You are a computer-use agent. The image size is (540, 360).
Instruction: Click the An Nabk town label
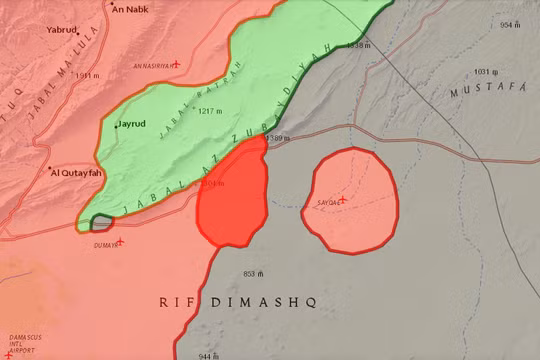(x=131, y=10)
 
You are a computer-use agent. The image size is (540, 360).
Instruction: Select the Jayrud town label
(x=133, y=125)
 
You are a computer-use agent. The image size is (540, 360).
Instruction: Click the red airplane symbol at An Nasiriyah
(x=176, y=66)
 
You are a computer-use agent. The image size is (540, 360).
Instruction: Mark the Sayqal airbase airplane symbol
(x=342, y=200)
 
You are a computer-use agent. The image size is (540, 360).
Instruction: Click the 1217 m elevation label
(x=211, y=111)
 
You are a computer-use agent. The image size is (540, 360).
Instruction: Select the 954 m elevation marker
(x=511, y=25)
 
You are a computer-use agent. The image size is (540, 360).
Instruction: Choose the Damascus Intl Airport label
(x=24, y=342)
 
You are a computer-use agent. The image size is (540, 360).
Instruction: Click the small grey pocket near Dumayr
(x=100, y=223)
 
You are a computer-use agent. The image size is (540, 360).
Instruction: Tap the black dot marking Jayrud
(x=117, y=125)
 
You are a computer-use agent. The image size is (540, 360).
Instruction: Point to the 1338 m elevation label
(x=357, y=45)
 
